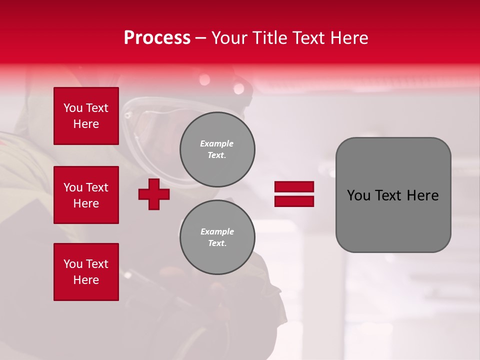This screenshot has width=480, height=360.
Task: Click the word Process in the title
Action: (x=157, y=38)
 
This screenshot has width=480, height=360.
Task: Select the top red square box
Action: (x=86, y=116)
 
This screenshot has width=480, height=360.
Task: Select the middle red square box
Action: (x=86, y=195)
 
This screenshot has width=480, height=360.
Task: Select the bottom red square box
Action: (x=86, y=272)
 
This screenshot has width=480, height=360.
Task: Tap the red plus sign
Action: (x=154, y=194)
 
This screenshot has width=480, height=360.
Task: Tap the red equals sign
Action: (x=294, y=194)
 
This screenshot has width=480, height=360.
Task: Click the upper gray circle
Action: (x=217, y=149)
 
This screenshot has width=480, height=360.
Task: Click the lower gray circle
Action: (x=217, y=237)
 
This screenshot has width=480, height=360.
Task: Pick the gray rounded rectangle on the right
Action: (x=393, y=195)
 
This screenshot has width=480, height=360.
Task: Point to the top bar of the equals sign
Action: (x=294, y=187)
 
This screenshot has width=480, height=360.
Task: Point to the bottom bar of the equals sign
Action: (x=294, y=201)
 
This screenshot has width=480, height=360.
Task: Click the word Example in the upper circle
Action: (x=217, y=143)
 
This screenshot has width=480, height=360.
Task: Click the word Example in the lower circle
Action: (x=217, y=231)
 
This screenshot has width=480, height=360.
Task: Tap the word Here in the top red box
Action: (x=86, y=124)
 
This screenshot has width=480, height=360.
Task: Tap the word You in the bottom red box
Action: (x=73, y=264)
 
